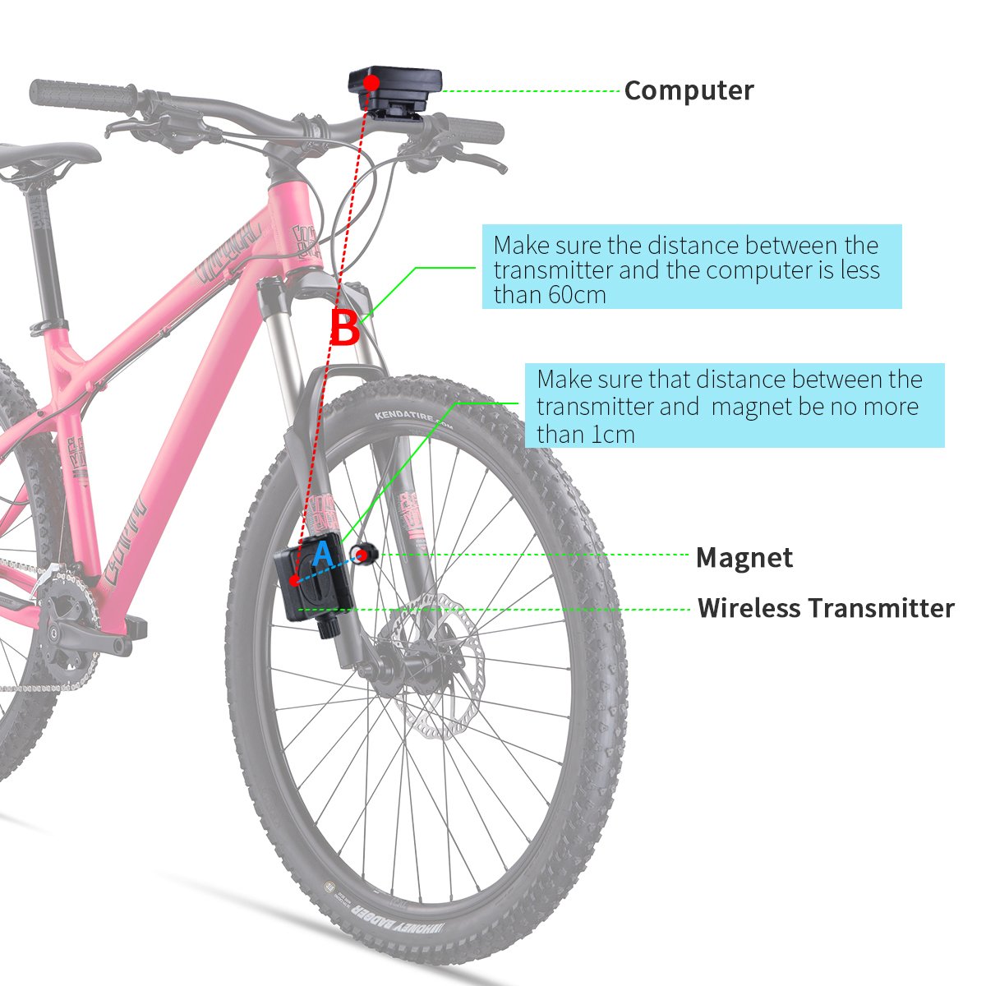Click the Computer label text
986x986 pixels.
coord(689,90)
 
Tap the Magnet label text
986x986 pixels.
coord(744,558)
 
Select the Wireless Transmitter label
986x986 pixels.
coord(826,609)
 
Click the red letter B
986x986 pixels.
coord(345,329)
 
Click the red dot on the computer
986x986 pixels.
coord(371,82)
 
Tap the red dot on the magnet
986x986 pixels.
coord(362,555)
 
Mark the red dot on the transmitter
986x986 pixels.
coord(295,580)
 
